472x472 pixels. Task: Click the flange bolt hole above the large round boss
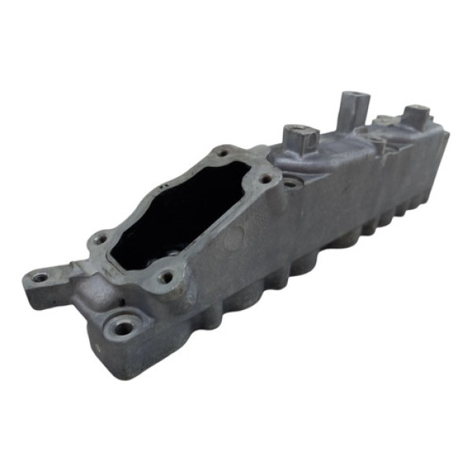[164, 277]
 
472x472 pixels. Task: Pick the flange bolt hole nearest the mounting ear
[100, 238]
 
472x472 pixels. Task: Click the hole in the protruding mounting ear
[39, 277]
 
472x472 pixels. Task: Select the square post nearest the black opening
[299, 140]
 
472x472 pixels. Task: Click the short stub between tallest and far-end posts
[379, 146]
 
